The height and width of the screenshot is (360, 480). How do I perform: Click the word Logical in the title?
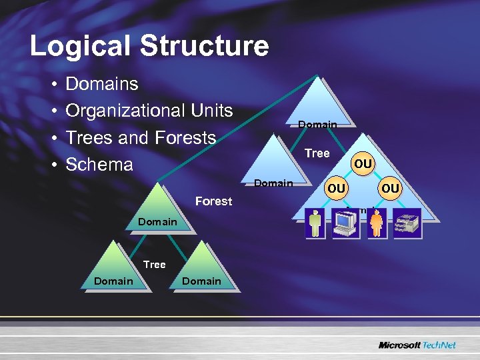pos(74,46)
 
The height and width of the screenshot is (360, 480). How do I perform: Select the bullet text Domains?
pos(102,84)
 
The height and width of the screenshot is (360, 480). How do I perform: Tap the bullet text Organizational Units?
pos(149,111)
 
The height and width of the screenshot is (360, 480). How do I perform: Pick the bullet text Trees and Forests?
pos(141,138)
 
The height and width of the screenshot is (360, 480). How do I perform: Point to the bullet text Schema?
pos(99,165)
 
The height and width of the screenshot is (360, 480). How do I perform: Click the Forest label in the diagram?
pos(213,201)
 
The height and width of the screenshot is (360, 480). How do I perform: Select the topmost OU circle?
pos(363,163)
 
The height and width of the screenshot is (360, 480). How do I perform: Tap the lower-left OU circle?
pos(337,189)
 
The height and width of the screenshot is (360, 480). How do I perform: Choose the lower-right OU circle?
pos(391,189)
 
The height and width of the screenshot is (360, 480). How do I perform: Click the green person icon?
pos(315,222)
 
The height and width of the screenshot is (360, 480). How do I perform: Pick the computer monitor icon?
pos(346,222)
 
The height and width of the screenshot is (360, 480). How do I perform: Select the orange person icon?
pos(377,222)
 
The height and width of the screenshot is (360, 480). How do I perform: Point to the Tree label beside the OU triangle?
pos(317,153)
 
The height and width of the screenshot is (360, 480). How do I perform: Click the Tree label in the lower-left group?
pos(154,265)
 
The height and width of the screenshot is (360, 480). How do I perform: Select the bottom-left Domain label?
pos(113,281)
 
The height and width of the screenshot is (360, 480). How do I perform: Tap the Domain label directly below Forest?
pos(157,221)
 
